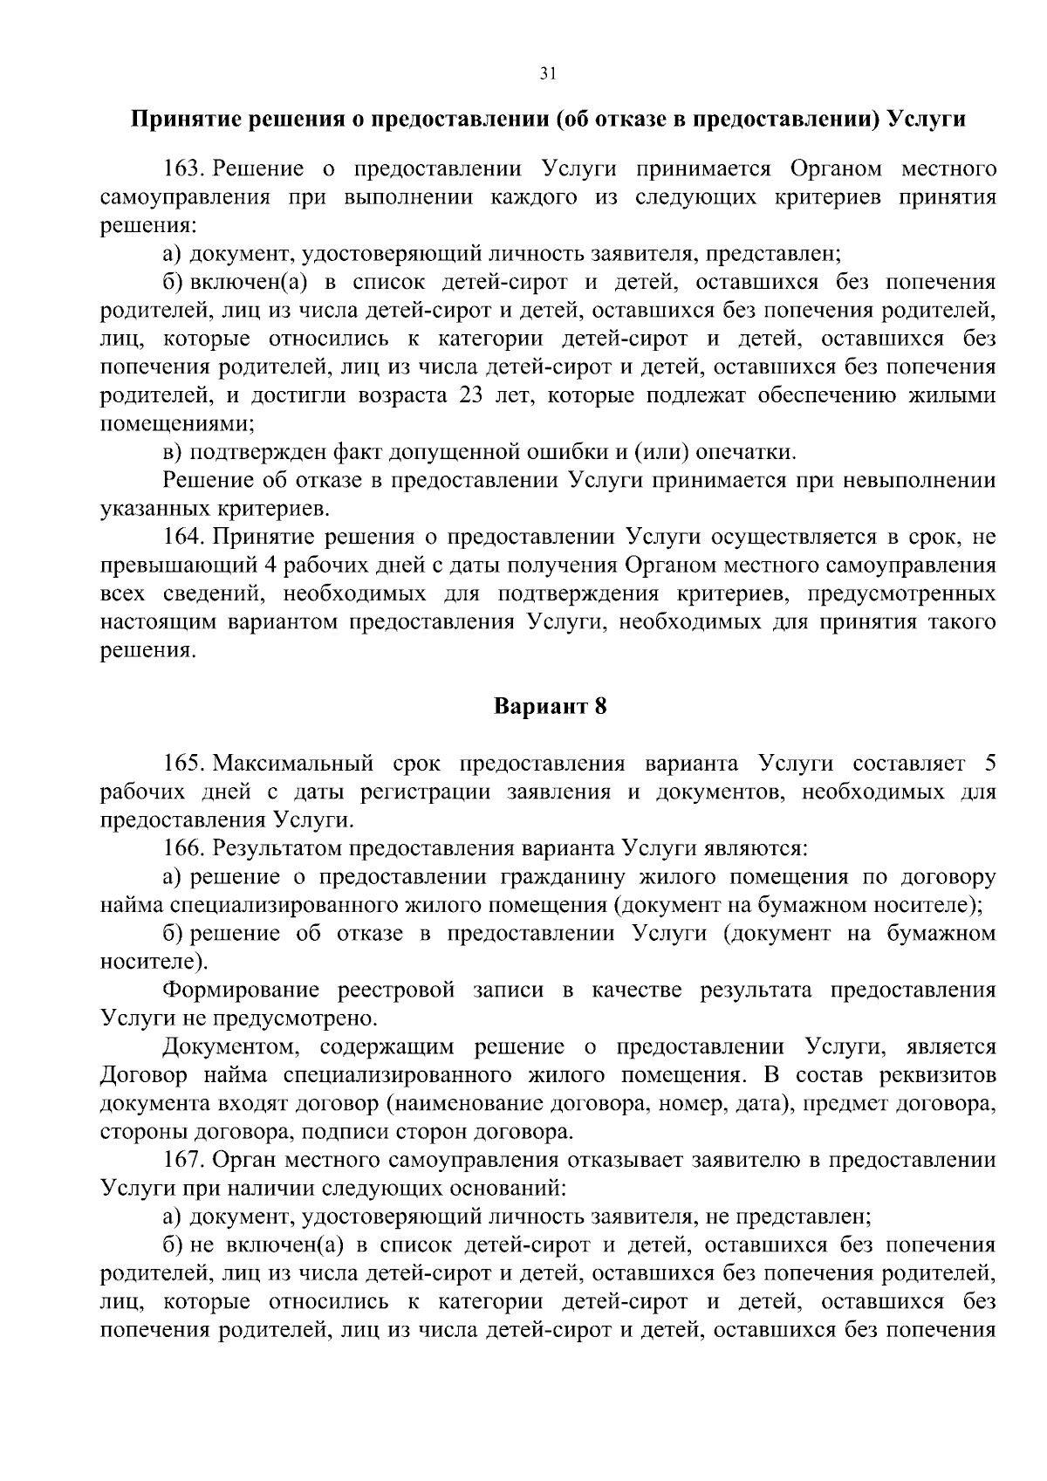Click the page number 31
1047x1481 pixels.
click(x=547, y=74)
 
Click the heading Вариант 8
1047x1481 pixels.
click(x=550, y=706)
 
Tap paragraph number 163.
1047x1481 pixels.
click(x=183, y=168)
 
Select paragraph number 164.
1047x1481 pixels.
click(x=183, y=537)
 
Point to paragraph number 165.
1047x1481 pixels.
click(x=183, y=764)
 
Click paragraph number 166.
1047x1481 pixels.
click(x=183, y=848)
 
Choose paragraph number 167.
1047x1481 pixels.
click(x=183, y=1160)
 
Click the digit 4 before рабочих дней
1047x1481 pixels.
click(x=270, y=566)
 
